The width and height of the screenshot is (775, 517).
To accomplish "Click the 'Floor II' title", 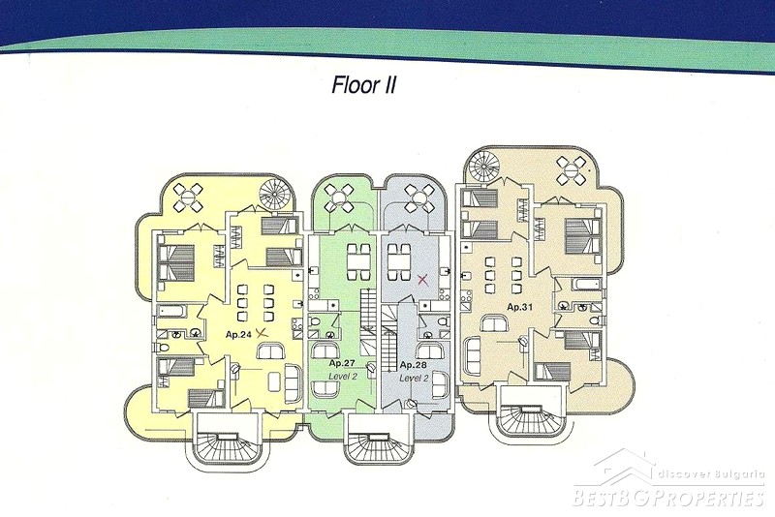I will (367, 84).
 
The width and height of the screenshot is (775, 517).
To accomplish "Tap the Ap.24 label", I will (238, 333).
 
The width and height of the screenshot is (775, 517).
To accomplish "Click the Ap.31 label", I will (520, 307).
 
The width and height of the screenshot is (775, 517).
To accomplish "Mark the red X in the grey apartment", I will (422, 280).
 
